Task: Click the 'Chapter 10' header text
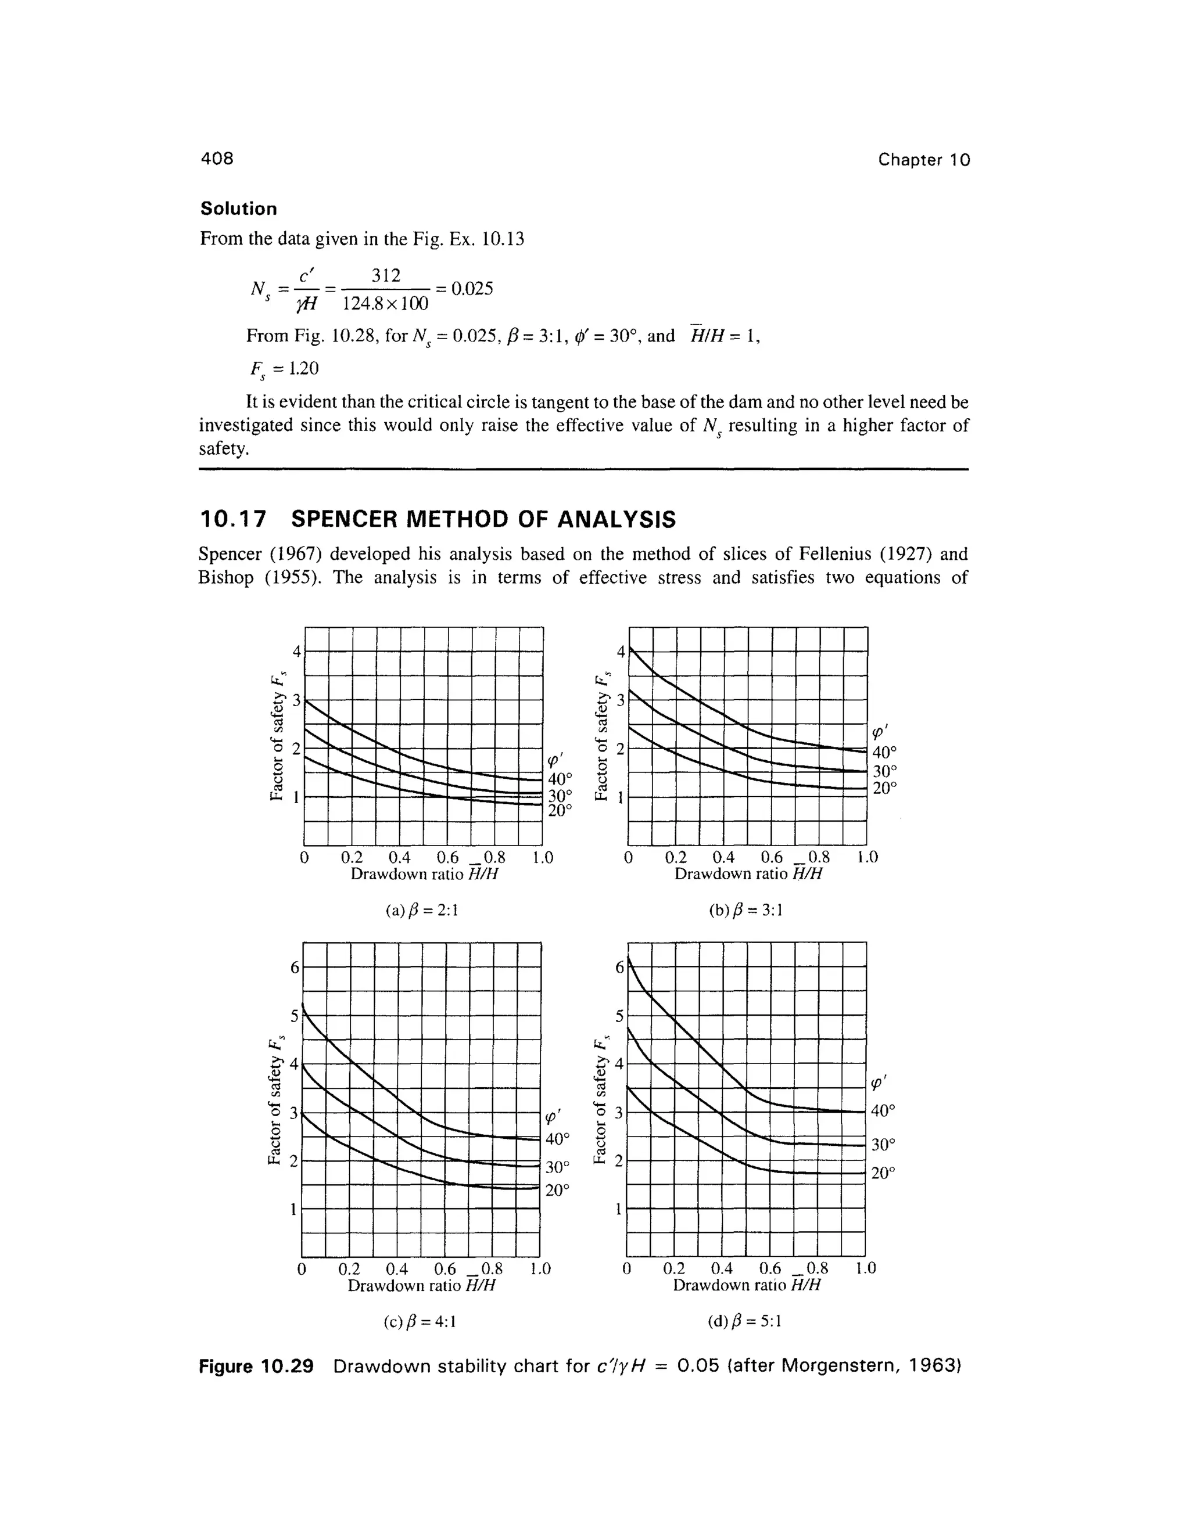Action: pyautogui.click(x=923, y=160)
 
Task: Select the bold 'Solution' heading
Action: pyautogui.click(x=238, y=208)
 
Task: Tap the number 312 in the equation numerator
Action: pyautogui.click(x=386, y=275)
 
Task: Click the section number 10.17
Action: pyautogui.click(x=234, y=519)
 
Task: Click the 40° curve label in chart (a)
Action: pyautogui.click(x=561, y=778)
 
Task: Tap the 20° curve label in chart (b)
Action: pyautogui.click(x=885, y=788)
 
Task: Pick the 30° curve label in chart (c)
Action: pyautogui.click(x=557, y=1167)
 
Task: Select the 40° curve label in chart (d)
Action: pyautogui.click(x=883, y=1110)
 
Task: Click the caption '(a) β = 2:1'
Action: pyautogui.click(x=422, y=911)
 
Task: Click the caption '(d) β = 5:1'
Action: pyautogui.click(x=744, y=1321)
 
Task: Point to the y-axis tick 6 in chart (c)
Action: pyautogui.click(x=295, y=968)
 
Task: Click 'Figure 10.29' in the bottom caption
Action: pyautogui.click(x=256, y=1367)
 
